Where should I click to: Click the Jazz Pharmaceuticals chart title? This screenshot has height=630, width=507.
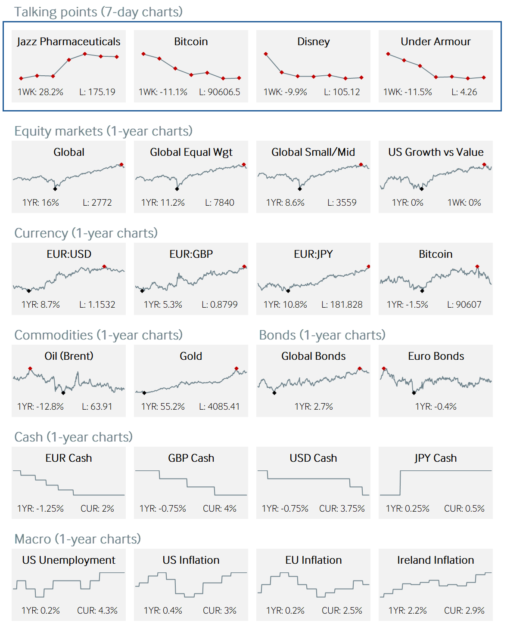tap(68, 42)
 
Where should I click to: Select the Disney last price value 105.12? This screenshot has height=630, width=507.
tap(342, 92)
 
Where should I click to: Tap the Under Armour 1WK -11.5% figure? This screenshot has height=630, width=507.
tap(407, 92)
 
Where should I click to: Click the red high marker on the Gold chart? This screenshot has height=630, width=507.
tap(236, 369)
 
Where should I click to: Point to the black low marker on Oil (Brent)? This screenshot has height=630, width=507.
tap(63, 392)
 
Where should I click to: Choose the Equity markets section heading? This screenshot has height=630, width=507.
tap(103, 131)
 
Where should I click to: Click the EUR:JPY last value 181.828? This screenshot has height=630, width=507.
tap(342, 305)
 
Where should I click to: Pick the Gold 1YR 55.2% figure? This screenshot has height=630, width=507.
tap(163, 407)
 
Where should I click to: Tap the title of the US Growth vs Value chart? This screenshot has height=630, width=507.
tap(435, 152)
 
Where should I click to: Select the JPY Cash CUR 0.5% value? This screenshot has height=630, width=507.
tap(464, 509)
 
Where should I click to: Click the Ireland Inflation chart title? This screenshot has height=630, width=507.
tap(435, 560)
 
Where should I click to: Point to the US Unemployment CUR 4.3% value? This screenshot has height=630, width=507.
tap(97, 611)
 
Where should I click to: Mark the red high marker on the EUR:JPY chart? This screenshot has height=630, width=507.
tap(368, 267)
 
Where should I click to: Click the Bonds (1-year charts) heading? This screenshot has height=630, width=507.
tap(322, 335)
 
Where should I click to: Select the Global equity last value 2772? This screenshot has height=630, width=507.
tap(97, 203)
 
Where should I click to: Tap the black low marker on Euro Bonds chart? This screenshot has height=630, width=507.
tap(414, 392)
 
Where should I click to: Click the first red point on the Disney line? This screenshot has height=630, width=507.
tap(266, 54)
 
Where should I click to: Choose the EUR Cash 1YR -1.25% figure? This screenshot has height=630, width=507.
tap(40, 509)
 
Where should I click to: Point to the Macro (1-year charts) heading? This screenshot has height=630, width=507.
tap(78, 539)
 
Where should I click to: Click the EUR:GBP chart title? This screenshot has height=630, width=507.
tap(191, 254)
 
